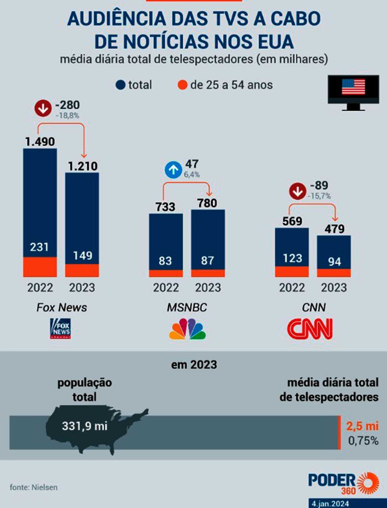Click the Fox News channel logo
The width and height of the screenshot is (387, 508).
60,328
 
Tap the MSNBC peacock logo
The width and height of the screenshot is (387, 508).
187,329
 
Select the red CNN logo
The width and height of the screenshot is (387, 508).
310,329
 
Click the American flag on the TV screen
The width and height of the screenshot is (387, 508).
353,87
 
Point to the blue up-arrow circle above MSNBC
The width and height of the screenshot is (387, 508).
173,170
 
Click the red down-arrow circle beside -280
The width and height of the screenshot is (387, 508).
43,108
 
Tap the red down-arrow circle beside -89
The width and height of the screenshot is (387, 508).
297,191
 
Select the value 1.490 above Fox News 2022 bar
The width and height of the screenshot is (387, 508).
40,142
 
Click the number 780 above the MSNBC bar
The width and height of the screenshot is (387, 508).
207,203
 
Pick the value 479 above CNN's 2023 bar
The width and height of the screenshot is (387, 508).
334,229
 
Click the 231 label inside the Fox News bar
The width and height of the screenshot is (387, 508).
39,247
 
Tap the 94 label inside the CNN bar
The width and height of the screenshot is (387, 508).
334,261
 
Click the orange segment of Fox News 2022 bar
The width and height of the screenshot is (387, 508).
40,267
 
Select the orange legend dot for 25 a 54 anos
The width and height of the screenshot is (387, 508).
183,85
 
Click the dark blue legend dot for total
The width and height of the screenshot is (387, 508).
120,85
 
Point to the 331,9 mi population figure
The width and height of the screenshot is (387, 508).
85,426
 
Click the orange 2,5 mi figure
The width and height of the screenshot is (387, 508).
362,426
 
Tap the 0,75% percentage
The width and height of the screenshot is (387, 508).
363,441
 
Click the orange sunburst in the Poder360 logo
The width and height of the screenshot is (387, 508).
368,483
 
